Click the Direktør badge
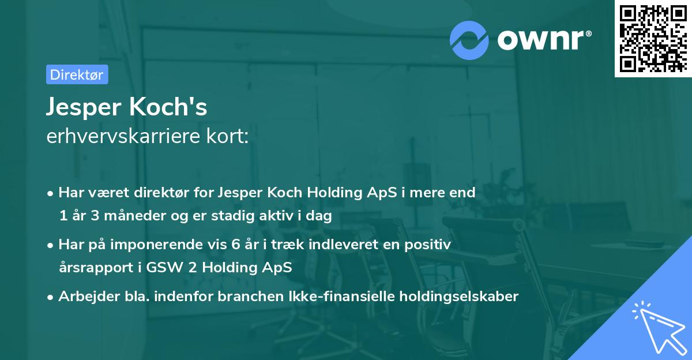(77, 74)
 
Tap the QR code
(652, 38)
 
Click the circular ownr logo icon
(469, 40)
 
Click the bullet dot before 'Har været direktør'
(51, 193)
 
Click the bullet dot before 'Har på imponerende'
(51, 245)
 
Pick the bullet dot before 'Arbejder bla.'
(51, 297)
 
